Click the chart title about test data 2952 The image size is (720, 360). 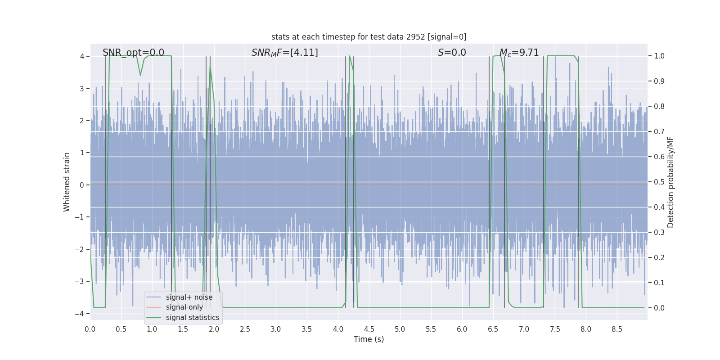point(369,37)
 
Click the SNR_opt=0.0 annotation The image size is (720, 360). point(133,53)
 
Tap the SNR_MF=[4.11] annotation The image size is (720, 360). point(284,53)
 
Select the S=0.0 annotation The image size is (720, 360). point(452,53)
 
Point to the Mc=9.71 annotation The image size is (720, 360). point(519,53)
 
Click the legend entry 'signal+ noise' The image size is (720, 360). point(189,297)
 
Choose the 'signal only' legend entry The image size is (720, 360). point(184,307)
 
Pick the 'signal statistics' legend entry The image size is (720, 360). point(192,318)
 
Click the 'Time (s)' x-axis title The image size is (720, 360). point(369,339)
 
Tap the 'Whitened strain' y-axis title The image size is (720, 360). point(67,182)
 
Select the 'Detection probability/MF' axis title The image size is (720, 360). point(670,182)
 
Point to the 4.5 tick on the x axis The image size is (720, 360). point(369,329)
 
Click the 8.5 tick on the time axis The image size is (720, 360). point(617,329)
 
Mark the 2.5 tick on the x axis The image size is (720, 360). point(245,329)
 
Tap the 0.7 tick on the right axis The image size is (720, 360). point(659,132)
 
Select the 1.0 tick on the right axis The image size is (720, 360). point(659,56)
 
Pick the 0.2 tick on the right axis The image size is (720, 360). point(659,258)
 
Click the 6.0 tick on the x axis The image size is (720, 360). point(462,329)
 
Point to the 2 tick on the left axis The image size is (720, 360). point(82,121)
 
